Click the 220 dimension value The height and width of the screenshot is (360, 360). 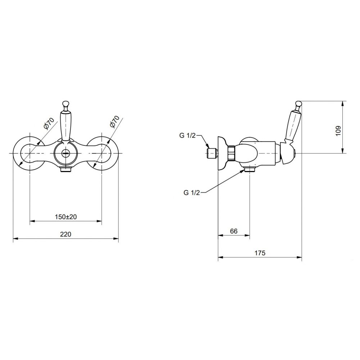click(x=66, y=234)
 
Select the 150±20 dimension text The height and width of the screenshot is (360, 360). click(x=66, y=216)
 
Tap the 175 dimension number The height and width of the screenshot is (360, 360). click(x=260, y=253)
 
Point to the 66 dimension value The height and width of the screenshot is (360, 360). click(x=234, y=231)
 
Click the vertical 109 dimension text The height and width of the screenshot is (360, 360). click(x=338, y=131)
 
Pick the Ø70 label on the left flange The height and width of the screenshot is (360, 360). click(x=49, y=123)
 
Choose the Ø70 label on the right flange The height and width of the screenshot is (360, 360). click(x=114, y=121)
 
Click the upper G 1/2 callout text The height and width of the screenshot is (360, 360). click(x=187, y=135)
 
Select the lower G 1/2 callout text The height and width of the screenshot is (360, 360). click(x=192, y=193)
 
